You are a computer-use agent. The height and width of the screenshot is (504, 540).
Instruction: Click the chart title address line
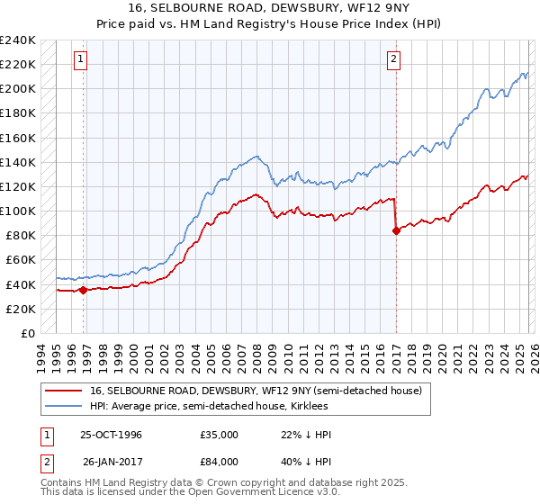click(x=270, y=9)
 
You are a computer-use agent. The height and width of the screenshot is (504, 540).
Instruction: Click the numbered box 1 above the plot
click(x=81, y=60)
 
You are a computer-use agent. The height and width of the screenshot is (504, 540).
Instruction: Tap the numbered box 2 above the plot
click(x=394, y=60)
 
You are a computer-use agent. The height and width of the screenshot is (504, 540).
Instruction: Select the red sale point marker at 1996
click(x=84, y=290)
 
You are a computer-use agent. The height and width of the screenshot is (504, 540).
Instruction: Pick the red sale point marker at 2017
click(x=396, y=230)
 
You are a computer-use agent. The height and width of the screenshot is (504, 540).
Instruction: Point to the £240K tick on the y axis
click(x=18, y=40)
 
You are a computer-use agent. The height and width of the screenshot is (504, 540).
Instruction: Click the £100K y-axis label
click(x=18, y=211)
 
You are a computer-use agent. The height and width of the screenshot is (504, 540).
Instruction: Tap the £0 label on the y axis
click(x=29, y=333)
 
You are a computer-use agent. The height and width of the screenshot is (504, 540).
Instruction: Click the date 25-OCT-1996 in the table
click(x=111, y=435)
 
